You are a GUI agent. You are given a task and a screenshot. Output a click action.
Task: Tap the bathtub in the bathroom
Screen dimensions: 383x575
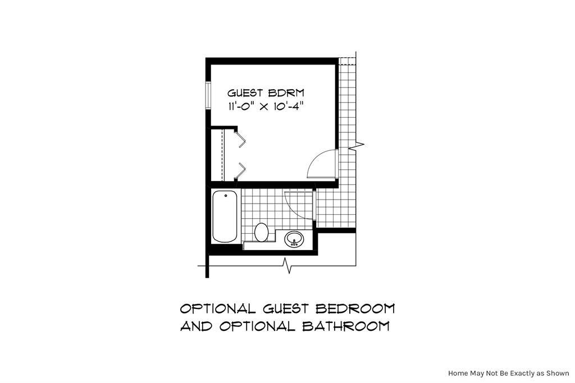coord(225,215)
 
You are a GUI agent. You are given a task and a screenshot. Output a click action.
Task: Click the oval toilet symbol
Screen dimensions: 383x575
coord(261,231)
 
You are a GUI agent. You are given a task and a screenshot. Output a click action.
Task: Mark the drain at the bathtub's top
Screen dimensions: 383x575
coord(225,195)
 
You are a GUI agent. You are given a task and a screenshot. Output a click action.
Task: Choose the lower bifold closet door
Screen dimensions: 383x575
coord(241,169)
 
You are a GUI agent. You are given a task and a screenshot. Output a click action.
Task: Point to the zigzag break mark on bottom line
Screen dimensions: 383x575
coord(287,265)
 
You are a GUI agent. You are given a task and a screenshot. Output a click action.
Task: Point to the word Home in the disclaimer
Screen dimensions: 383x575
coord(458,373)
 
